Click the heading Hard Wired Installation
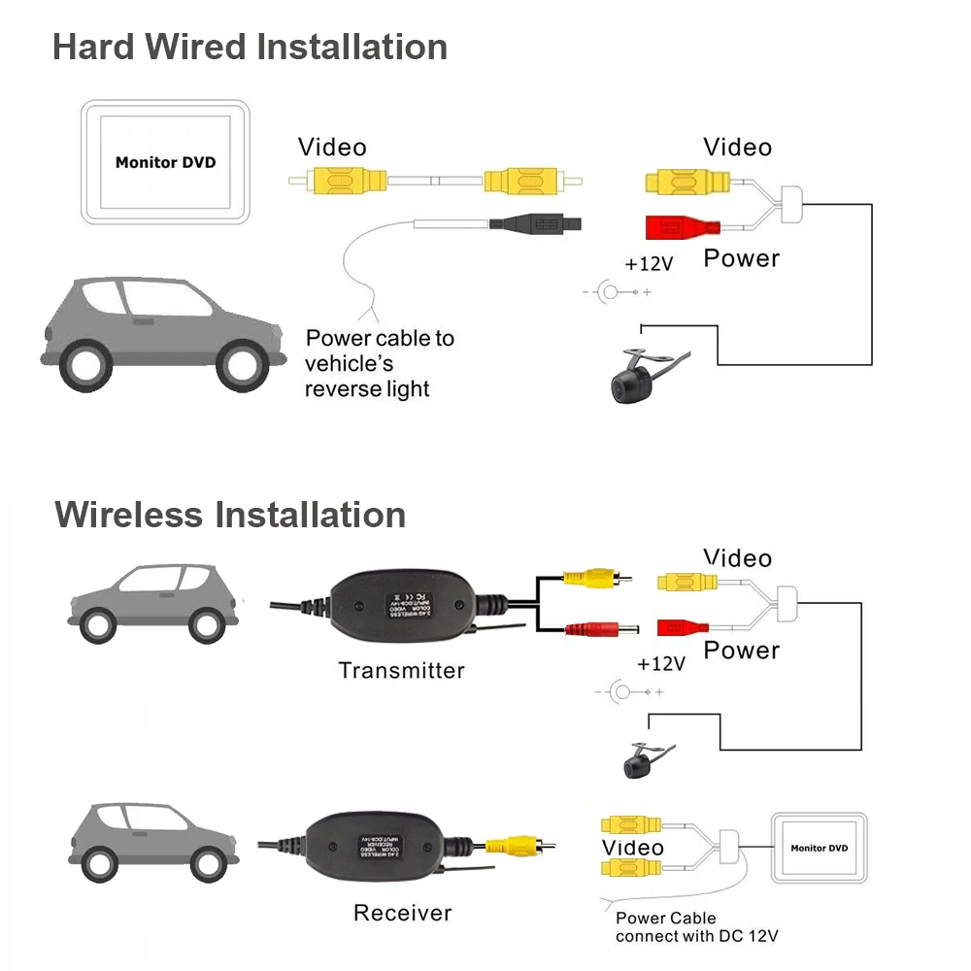(x=250, y=47)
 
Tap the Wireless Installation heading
(x=230, y=514)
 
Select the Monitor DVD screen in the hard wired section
(x=165, y=162)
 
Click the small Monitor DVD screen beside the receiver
(x=819, y=848)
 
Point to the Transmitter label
(x=401, y=670)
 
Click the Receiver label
(x=402, y=913)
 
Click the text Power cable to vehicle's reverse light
(x=380, y=363)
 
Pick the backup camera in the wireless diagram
(x=640, y=760)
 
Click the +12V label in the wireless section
(x=661, y=664)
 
